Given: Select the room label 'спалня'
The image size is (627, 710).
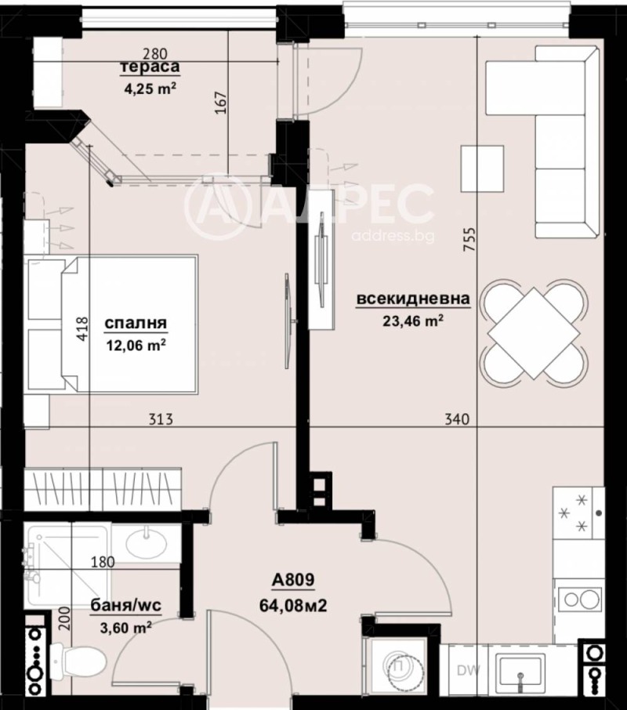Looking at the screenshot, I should [x=137, y=323].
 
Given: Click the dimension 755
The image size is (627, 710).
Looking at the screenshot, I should [x=470, y=238].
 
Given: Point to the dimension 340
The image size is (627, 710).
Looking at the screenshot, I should [x=456, y=420].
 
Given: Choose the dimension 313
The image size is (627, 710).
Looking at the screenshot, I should [x=160, y=420].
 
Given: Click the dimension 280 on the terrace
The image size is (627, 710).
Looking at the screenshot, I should [x=156, y=54].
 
